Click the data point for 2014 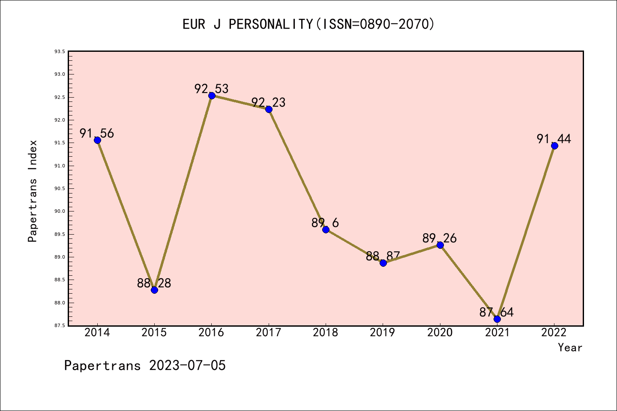[x=97, y=140]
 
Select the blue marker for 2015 [x=154, y=290]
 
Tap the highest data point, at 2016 [x=212, y=95]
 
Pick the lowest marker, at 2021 [x=497, y=319]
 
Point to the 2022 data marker [x=554, y=146]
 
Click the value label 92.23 [x=268, y=103]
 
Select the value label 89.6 [x=325, y=223]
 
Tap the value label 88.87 [x=383, y=256]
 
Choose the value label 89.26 [x=440, y=238]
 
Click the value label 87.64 [x=497, y=313]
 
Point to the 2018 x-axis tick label [x=326, y=333]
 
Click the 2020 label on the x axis [x=440, y=333]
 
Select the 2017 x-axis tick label [x=269, y=333]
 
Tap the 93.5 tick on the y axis [x=60, y=52]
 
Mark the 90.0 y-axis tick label [x=60, y=211]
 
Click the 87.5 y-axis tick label [x=60, y=326]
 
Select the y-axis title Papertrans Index [x=33, y=191]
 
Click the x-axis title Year [x=570, y=348]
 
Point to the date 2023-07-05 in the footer [x=187, y=366]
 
